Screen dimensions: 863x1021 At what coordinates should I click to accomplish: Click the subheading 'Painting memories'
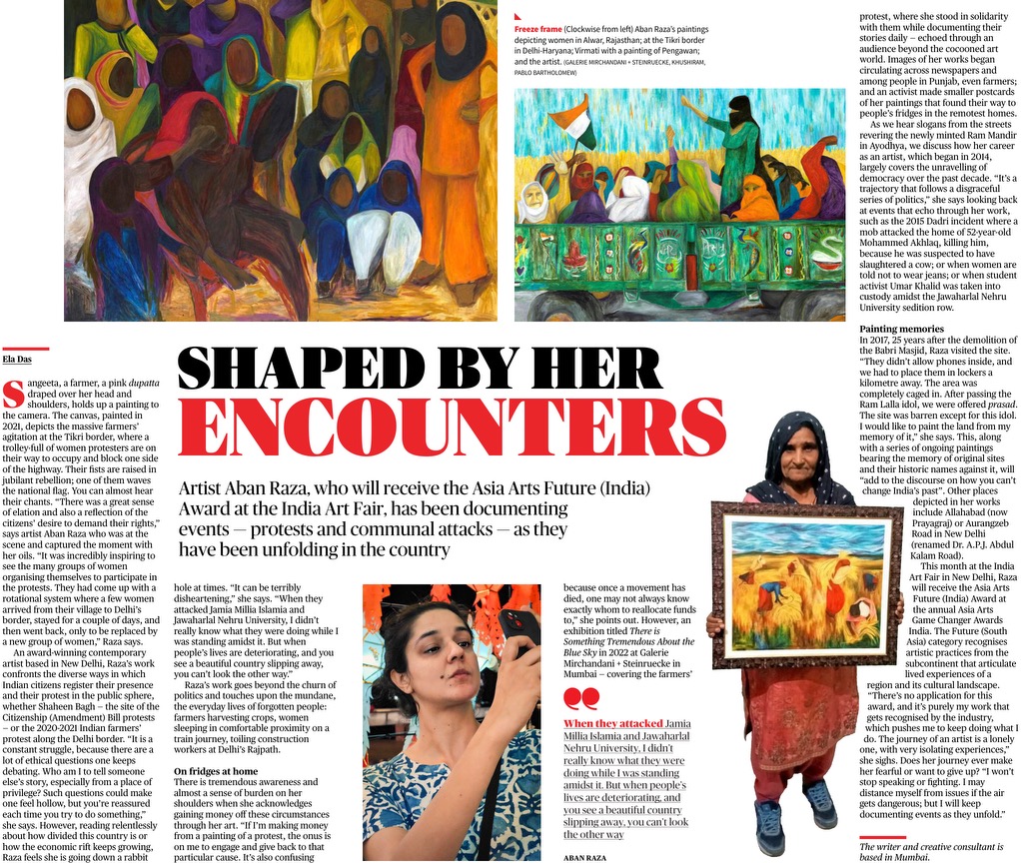[x=901, y=329]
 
